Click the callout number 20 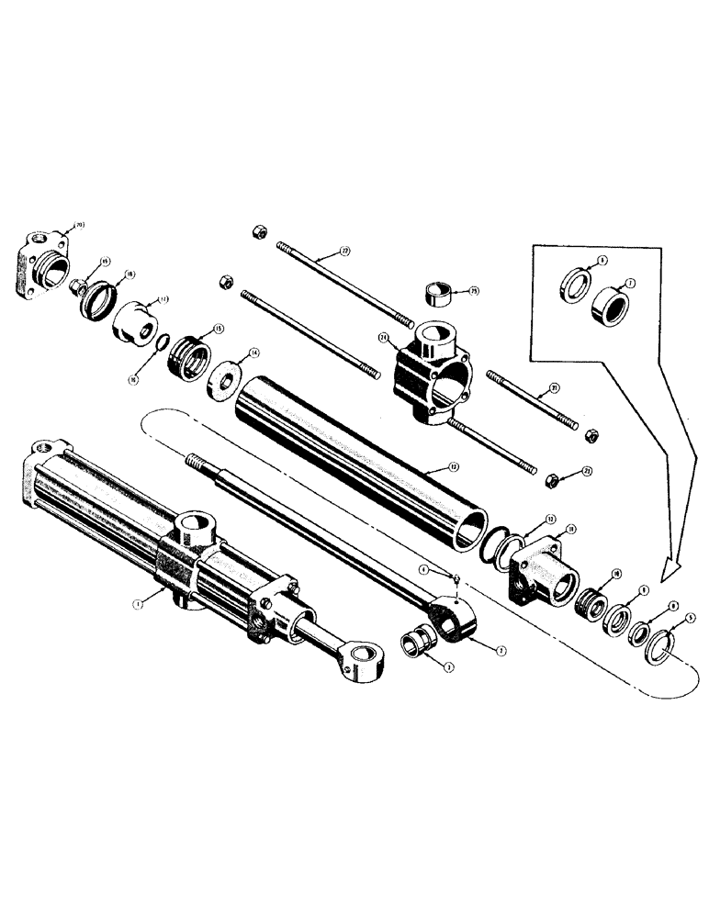click(79, 223)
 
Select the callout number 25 click(474, 291)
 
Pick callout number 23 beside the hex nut click(588, 471)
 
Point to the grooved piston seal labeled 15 click(191, 354)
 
